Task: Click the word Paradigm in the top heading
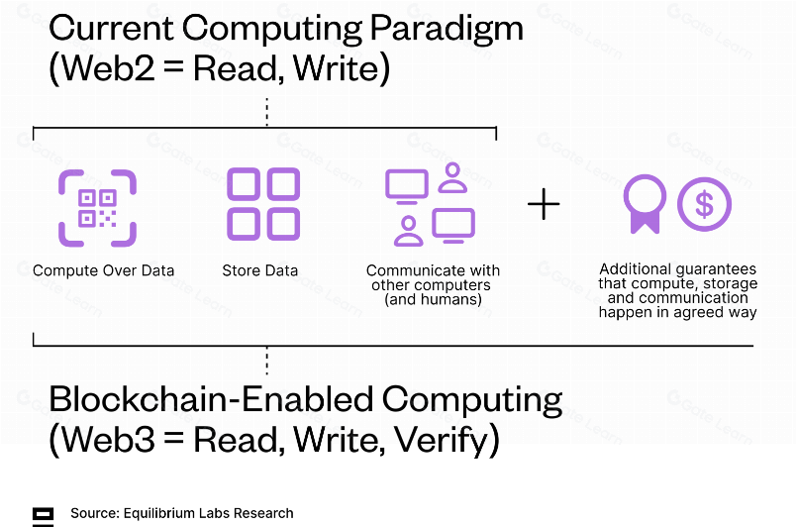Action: pos(447,30)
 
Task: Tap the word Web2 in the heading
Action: pos(108,68)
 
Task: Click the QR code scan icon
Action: pos(97,208)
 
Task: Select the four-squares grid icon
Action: pos(263,204)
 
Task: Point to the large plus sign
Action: pos(544,204)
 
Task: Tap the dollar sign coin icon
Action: pos(705,204)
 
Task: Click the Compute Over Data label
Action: pos(104,270)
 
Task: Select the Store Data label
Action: pos(260,270)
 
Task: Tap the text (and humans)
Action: pos(433,299)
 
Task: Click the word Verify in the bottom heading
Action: pos(441,440)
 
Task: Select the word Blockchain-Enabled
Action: pos(212,399)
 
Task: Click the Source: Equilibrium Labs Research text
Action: pos(182,513)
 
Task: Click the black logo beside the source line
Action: pos(44,516)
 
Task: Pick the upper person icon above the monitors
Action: pos(452,177)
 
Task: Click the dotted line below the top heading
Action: pos(267,112)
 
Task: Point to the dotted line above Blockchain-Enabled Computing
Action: pos(267,361)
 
